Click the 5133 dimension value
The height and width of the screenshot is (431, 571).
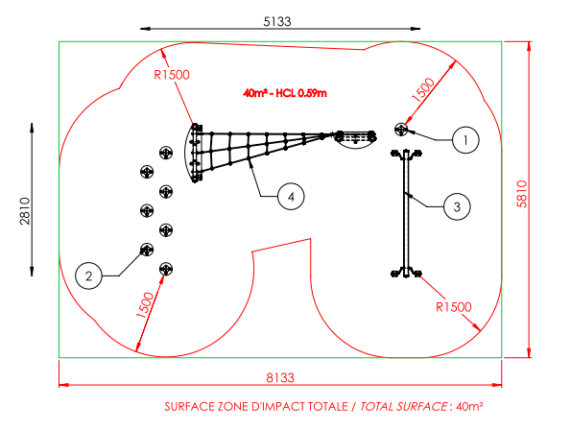point(277,21)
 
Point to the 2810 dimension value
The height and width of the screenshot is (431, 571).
point(25,211)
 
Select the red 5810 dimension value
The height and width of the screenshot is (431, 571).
point(522,194)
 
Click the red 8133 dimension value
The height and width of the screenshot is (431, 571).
point(280,378)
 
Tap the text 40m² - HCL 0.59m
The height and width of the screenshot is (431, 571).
point(285,93)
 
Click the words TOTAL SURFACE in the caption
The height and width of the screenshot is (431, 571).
point(404,406)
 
